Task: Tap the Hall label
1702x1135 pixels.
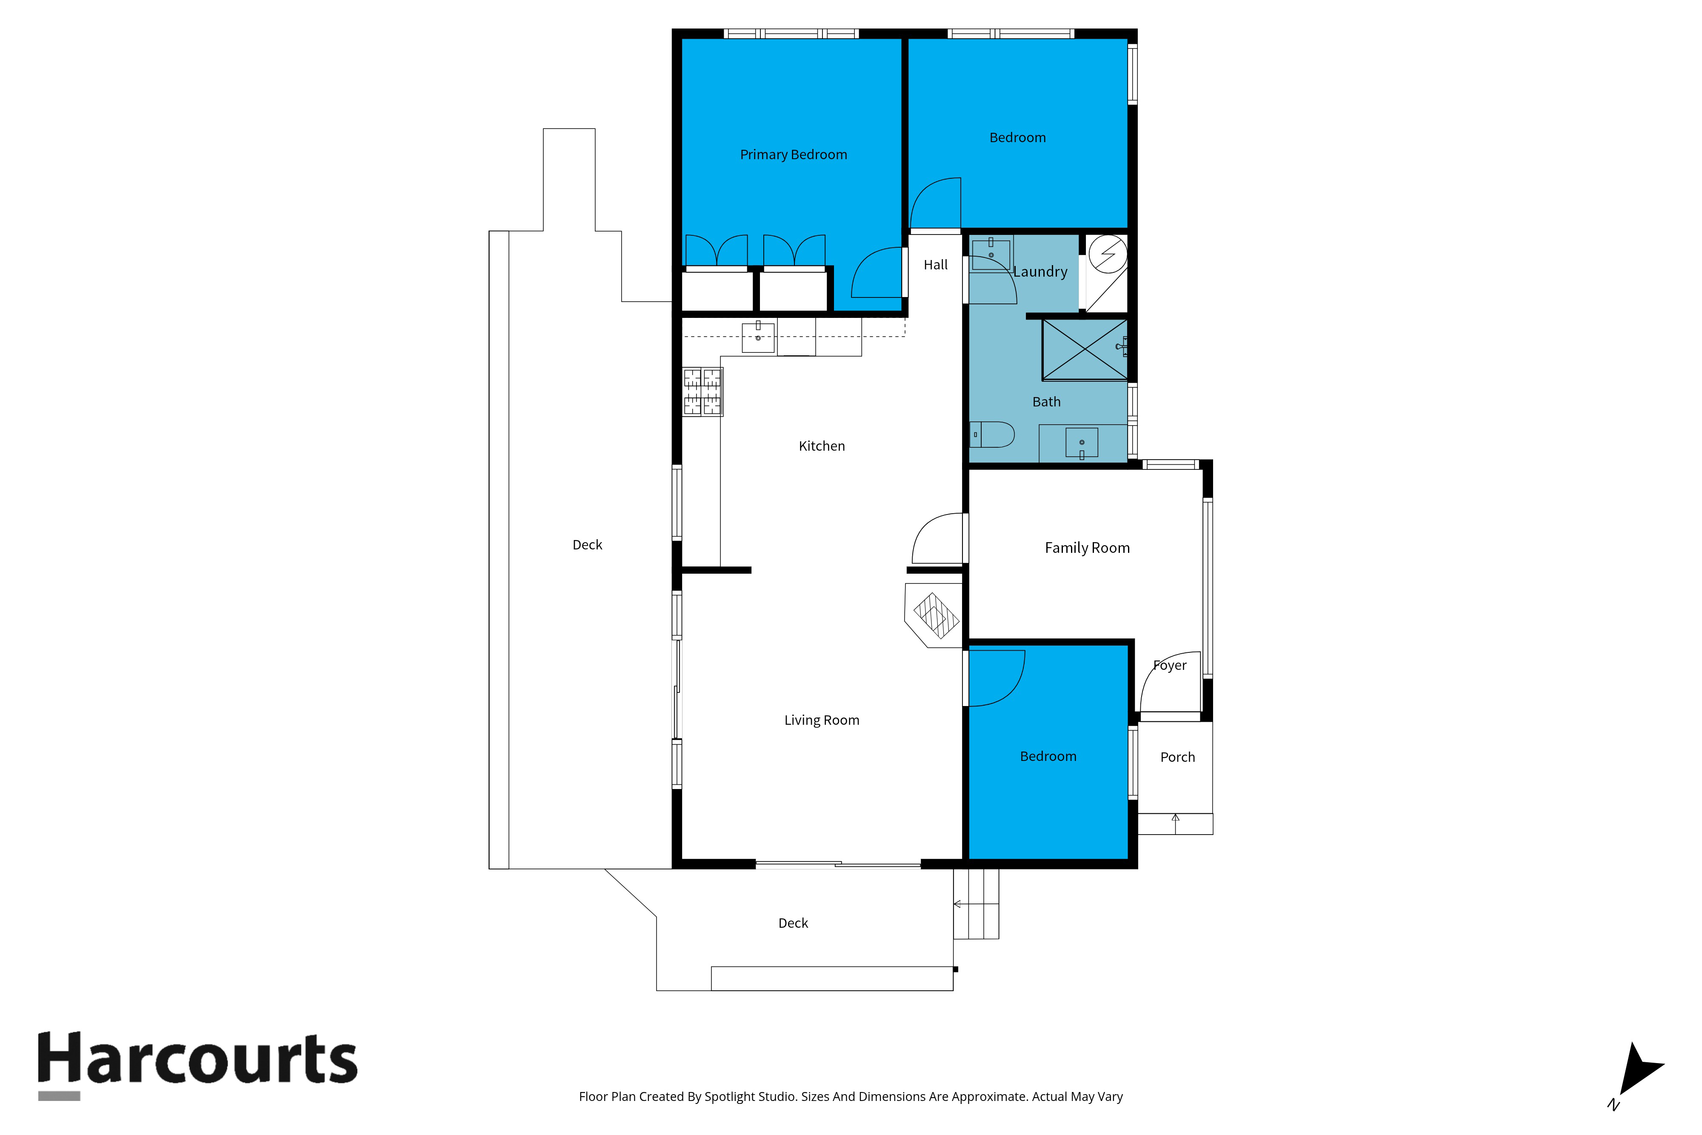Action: (935, 265)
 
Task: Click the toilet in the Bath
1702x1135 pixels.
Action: (992, 435)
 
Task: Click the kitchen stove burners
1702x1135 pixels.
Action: (702, 392)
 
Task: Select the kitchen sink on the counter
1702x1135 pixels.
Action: (758, 338)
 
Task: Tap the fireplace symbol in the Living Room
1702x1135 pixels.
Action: (935, 616)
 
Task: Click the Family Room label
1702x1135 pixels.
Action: (1087, 548)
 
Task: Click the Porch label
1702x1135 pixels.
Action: (1177, 757)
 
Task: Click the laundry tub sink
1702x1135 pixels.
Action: (991, 255)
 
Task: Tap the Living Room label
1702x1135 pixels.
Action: (821, 720)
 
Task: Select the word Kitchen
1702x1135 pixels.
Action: (821, 446)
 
